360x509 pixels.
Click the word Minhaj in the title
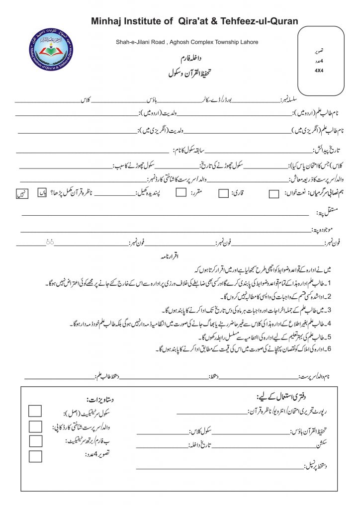(107, 21)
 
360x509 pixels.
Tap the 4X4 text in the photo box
(319, 71)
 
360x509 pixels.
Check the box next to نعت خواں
(273, 194)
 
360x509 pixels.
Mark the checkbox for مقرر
(181, 193)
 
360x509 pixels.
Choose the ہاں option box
(42, 192)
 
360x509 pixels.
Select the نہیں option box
(22, 193)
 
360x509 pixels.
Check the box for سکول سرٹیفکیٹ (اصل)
(35, 411)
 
